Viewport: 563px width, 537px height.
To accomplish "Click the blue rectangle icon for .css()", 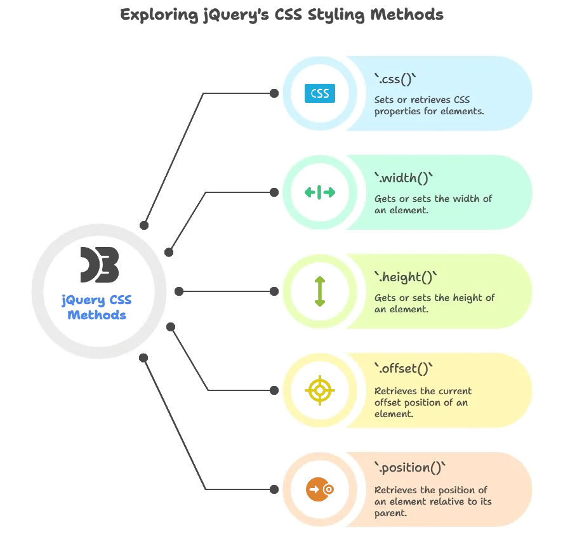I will [319, 93].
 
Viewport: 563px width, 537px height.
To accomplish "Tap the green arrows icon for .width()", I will [319, 192].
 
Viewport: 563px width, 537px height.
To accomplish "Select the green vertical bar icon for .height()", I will [319, 292].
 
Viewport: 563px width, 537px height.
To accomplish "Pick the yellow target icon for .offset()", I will [319, 390].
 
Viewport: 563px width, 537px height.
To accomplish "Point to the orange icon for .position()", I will [317, 489].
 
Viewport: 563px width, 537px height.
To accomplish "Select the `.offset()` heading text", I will [404, 369].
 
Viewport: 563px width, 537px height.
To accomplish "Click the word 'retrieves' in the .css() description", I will [431, 100].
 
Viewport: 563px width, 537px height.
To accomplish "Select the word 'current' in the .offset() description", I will [453, 391].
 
